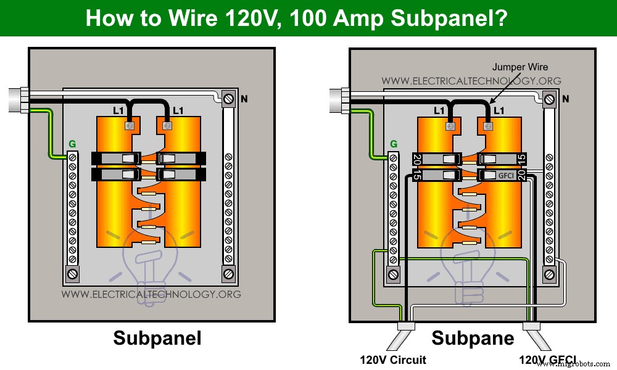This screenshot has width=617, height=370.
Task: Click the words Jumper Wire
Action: click(520, 67)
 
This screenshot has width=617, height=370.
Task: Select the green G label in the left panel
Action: click(72, 144)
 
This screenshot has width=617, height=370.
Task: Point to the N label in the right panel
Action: click(566, 99)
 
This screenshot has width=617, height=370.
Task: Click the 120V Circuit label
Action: click(393, 360)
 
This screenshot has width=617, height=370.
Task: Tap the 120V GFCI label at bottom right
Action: click(548, 360)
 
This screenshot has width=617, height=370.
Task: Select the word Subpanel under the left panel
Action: click(157, 338)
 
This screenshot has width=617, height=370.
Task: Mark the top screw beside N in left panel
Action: click(228, 98)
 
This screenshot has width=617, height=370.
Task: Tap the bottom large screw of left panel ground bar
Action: click(73, 273)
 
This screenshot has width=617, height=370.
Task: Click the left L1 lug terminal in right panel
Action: click(450, 126)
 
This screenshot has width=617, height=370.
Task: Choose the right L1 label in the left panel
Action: click(178, 111)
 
